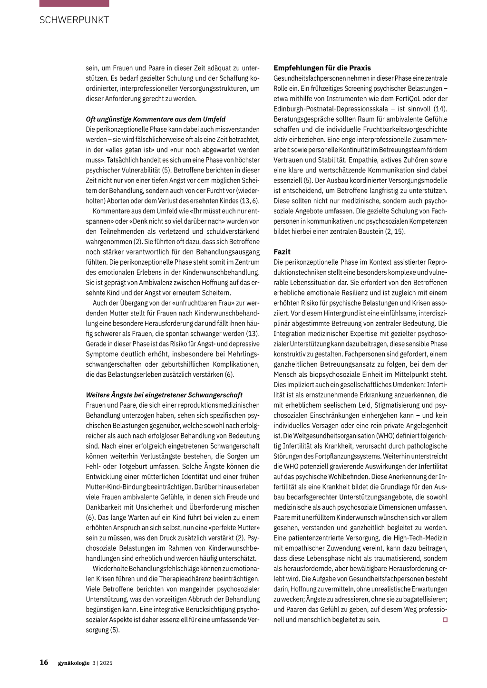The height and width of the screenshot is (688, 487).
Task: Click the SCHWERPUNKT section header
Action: [x=74, y=20]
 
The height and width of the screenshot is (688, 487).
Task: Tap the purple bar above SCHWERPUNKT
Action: [x=74, y=3]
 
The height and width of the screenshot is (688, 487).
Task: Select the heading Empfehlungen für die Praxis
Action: [x=322, y=68]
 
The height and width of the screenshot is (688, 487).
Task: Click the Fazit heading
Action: [x=282, y=252]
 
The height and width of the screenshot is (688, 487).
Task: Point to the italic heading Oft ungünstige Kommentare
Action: [x=156, y=119]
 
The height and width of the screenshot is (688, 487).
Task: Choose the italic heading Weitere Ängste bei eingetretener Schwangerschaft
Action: [x=164, y=395]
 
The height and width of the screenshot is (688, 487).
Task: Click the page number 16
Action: [x=44, y=662]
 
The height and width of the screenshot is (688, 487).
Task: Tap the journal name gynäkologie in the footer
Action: [x=74, y=663]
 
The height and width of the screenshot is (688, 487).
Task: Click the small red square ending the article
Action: [x=445, y=620]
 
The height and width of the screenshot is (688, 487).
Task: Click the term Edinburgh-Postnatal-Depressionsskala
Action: [x=331, y=109]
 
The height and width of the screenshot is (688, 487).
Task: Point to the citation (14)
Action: [x=440, y=109]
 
